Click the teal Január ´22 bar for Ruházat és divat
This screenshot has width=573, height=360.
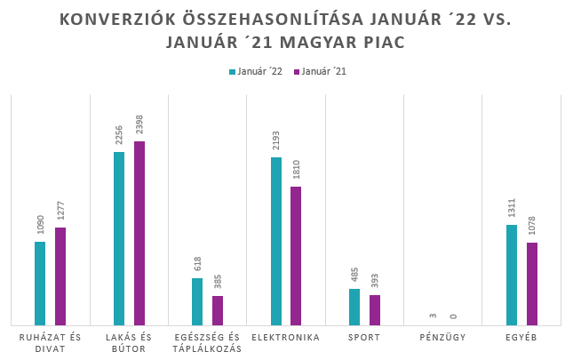tap(40, 283)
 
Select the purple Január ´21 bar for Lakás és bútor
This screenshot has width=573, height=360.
tap(139, 233)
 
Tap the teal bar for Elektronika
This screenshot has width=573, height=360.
tap(276, 241)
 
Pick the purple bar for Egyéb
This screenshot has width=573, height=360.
tap(532, 284)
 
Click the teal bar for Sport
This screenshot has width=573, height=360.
tap(354, 307)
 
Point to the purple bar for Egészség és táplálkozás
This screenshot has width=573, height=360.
tap(218, 310)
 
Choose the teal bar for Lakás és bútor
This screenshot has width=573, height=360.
tap(119, 238)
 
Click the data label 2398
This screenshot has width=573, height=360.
tap(139, 125)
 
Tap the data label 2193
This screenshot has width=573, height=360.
tap(276, 141)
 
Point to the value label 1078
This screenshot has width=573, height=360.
tap(532, 227)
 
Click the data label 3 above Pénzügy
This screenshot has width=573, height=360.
tap(433, 316)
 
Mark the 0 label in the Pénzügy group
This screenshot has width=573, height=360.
tap(453, 316)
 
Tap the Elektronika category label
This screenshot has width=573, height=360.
tap(286, 338)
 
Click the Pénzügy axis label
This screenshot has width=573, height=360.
tap(443, 338)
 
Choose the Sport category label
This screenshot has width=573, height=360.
tap(364, 338)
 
